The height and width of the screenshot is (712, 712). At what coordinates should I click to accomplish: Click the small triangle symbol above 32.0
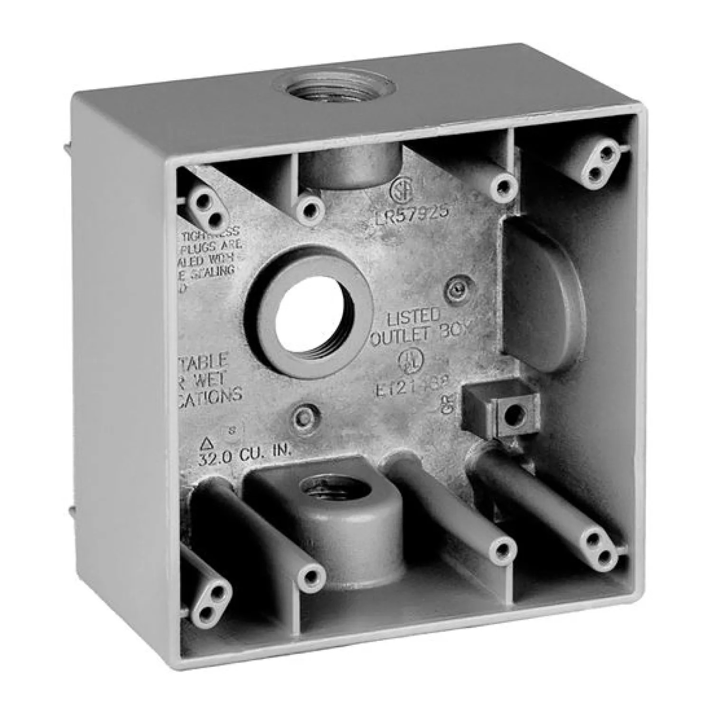click(206, 444)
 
